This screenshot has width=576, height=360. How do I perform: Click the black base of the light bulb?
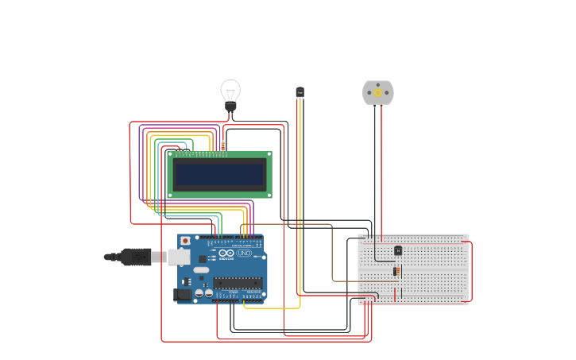[x=230, y=106]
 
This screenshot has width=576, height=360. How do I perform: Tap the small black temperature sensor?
[x=300, y=92]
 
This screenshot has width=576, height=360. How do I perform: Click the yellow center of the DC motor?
[x=378, y=92]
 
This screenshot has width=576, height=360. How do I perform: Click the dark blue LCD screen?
[x=220, y=174]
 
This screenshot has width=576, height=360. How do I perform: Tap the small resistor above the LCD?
[x=223, y=145]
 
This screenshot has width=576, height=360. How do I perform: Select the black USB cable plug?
[x=136, y=256]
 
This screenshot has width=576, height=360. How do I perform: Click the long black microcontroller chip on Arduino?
[x=237, y=282]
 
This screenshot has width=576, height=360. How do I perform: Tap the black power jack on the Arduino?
[x=182, y=294]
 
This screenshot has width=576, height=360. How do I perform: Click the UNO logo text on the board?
[x=243, y=253]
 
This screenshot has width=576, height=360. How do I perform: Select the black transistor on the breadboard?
[x=398, y=250]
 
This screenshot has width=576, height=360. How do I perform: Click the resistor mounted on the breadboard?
[x=397, y=272]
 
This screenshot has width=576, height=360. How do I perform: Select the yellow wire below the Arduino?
[x=270, y=308]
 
